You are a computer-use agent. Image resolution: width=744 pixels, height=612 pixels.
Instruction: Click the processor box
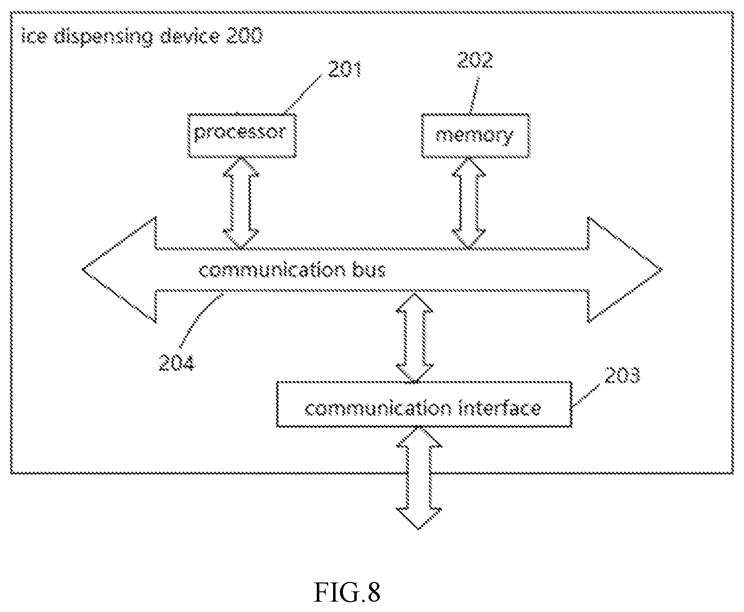[x=241, y=135]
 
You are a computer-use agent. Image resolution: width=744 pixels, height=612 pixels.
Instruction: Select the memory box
[x=475, y=135]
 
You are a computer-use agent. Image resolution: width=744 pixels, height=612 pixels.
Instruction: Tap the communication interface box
[x=424, y=404]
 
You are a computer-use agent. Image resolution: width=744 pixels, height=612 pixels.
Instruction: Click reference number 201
[x=345, y=69]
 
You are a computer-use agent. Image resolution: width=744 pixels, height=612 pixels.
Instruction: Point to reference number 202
[x=474, y=60]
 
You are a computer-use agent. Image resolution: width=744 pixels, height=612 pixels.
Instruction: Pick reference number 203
[x=622, y=375]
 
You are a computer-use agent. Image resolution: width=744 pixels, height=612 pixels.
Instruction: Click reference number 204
[x=176, y=362]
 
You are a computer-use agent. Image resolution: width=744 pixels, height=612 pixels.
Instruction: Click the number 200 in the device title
[x=244, y=35]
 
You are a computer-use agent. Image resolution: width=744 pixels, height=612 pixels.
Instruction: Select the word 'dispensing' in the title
[x=103, y=36]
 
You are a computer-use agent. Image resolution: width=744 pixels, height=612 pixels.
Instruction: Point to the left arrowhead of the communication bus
[x=119, y=270]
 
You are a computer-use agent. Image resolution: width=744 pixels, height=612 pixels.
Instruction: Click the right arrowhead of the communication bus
[x=625, y=270]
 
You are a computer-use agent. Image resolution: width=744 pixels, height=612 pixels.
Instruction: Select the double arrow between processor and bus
[x=241, y=203]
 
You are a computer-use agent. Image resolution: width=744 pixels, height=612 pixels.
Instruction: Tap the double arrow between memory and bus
[x=469, y=203]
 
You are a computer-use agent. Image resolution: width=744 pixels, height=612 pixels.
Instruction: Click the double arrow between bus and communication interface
[x=414, y=337]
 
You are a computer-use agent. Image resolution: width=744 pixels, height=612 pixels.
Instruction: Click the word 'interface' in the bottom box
[x=499, y=408]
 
